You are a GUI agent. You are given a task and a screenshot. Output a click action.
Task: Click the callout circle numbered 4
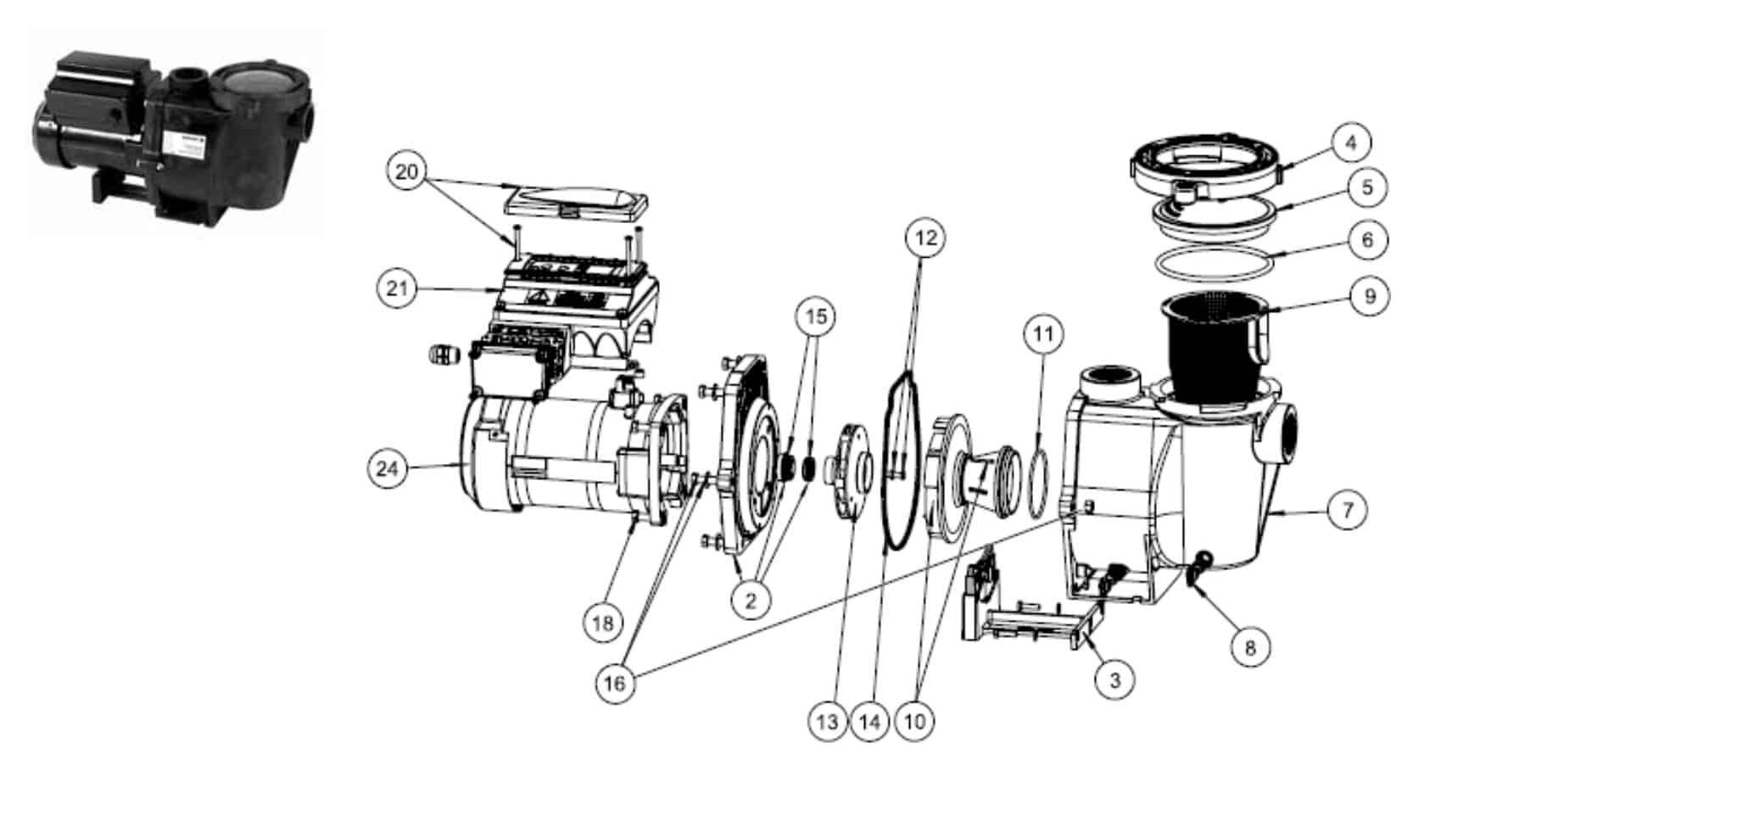[x=1351, y=143]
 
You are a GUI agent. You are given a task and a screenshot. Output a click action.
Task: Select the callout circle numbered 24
[x=388, y=468]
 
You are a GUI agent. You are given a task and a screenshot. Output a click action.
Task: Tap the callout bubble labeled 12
[x=925, y=238]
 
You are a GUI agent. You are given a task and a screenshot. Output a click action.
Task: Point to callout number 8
[x=1250, y=647]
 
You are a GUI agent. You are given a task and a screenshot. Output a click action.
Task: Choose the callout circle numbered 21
[x=397, y=288]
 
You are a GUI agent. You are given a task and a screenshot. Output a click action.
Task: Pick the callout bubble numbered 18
[x=603, y=623]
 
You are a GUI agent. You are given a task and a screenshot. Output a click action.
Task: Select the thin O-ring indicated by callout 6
[x=1215, y=262]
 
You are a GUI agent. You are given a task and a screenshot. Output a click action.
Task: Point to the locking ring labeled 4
[x=1204, y=161]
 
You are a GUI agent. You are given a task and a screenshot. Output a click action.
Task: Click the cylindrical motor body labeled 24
[x=551, y=458]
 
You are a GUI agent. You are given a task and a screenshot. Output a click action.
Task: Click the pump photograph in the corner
[x=176, y=131]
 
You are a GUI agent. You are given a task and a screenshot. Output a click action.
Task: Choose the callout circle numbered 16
[x=615, y=682]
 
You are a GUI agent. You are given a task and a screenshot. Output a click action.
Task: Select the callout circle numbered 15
[x=815, y=316]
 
